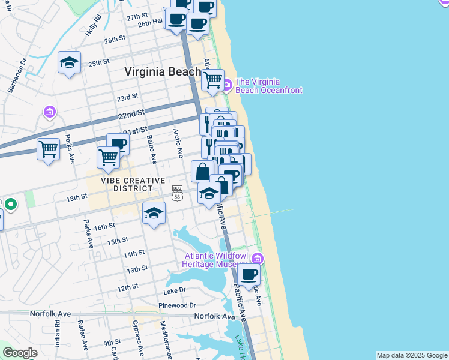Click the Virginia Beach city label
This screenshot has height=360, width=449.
click(163, 71)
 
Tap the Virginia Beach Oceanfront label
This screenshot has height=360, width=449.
click(268, 86)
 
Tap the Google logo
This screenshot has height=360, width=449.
click(20, 353)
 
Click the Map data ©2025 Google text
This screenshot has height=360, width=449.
click(412, 355)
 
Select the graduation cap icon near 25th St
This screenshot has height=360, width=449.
click(69, 62)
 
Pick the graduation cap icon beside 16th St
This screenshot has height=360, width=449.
click(154, 213)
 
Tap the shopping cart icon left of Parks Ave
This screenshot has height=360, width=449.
click(48, 148)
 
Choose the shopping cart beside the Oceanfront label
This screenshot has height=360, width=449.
click(213, 80)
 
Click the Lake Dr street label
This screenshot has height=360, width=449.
click(175, 291)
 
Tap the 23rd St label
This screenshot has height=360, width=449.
click(127, 97)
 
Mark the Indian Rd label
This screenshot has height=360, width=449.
click(58, 334)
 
